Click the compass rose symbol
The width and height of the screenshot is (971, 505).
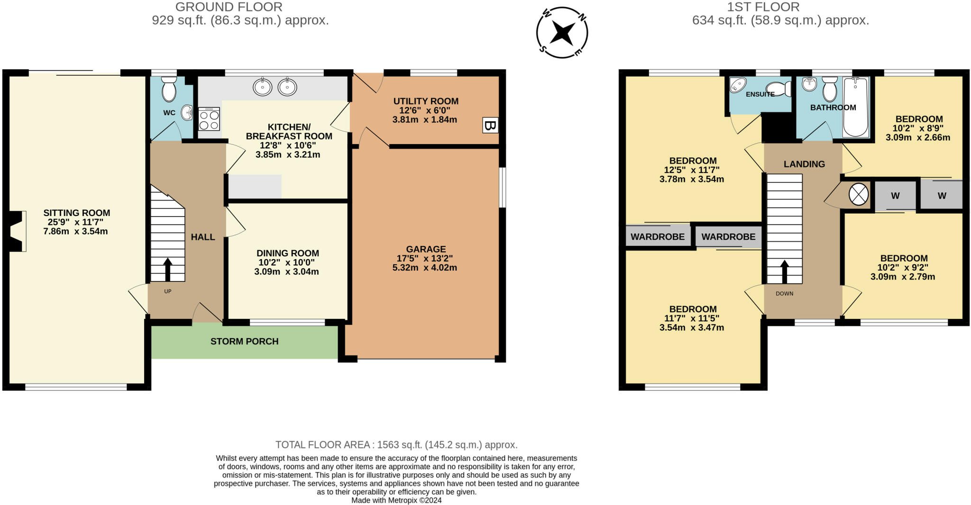pyautogui.click(x=562, y=33)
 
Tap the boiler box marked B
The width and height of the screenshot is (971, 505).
pyautogui.click(x=490, y=126)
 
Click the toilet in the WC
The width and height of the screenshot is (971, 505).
pyautogui.click(x=169, y=90)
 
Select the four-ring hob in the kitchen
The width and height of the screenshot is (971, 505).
pyautogui.click(x=209, y=119)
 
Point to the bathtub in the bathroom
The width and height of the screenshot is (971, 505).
pyautogui.click(x=856, y=108)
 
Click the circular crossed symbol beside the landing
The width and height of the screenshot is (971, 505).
pyautogui.click(x=858, y=195)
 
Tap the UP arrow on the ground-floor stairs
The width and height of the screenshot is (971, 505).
pyautogui.click(x=167, y=270)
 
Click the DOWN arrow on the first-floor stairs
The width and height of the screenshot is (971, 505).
pyautogui.click(x=785, y=272)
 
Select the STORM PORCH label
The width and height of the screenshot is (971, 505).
pyautogui.click(x=245, y=342)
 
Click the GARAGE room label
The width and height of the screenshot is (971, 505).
pyautogui.click(x=426, y=249)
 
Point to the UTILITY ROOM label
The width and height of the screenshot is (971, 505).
pyautogui.click(x=426, y=101)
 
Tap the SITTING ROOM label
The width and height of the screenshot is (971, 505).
pyautogui.click(x=77, y=213)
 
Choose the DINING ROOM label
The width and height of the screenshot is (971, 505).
pyautogui.click(x=288, y=253)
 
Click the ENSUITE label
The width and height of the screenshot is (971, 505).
pyautogui.click(x=760, y=94)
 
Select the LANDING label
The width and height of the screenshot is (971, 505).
pyautogui.click(x=804, y=164)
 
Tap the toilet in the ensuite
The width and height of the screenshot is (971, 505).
pyautogui.click(x=779, y=89)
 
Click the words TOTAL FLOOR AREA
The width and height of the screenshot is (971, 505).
pyautogui.click(x=322, y=445)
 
